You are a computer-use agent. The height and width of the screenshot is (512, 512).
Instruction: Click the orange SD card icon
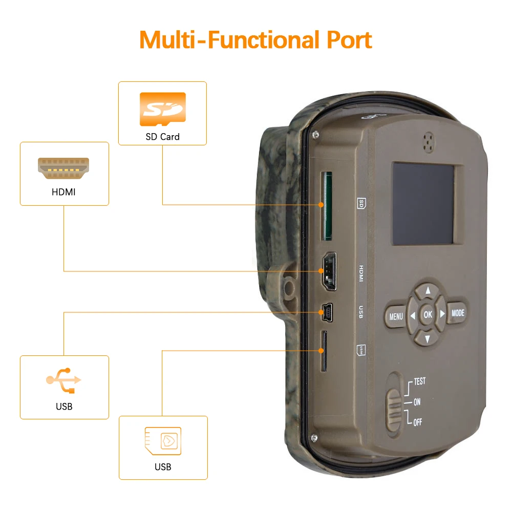click(x=162, y=109)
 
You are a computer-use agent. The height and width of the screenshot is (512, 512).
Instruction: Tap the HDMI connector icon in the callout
click(x=64, y=168)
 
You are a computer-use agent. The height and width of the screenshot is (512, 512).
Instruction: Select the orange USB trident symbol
click(x=64, y=380)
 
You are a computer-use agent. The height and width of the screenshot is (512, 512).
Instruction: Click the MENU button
click(x=396, y=316)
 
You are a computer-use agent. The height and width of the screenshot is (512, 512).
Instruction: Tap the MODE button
click(x=458, y=313)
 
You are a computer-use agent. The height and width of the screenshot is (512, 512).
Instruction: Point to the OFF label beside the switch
click(x=417, y=422)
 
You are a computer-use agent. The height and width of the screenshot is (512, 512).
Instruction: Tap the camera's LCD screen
click(x=423, y=203)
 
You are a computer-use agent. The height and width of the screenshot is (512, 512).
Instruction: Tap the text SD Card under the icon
click(x=162, y=137)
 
